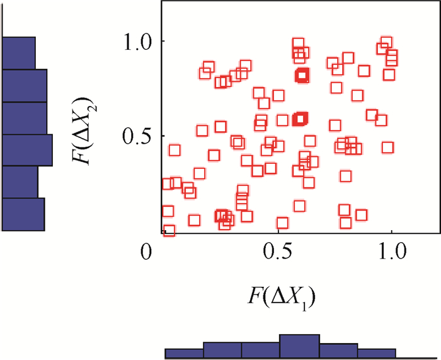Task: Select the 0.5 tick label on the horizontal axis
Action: pyautogui.click(x=276, y=251)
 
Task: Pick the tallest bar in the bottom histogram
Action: pyautogui.click(x=299, y=346)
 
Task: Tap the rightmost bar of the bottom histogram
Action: pyautogui.click(x=377, y=353)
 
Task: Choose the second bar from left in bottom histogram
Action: pyautogui.click(x=222, y=351)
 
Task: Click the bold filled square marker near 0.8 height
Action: pyautogui.click(x=302, y=76)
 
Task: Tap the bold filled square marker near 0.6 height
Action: pyautogui.click(x=301, y=119)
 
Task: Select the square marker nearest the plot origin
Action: pyautogui.click(x=169, y=230)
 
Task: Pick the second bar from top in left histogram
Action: pyautogui.click(x=25, y=85)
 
